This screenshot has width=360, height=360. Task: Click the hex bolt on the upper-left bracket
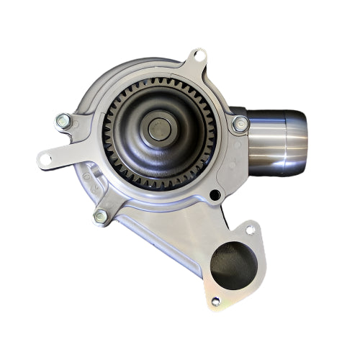pos(63,121)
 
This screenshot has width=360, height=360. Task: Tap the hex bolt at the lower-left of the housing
pos(101,216)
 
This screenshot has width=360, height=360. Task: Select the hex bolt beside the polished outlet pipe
pos(240,125)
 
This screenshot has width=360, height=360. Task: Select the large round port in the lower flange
pos(233,266)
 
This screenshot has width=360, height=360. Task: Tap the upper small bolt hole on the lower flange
pos(250,230)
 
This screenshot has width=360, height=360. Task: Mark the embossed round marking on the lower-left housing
pos(87,176)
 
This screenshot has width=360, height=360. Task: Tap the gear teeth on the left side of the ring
pos(109,133)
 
